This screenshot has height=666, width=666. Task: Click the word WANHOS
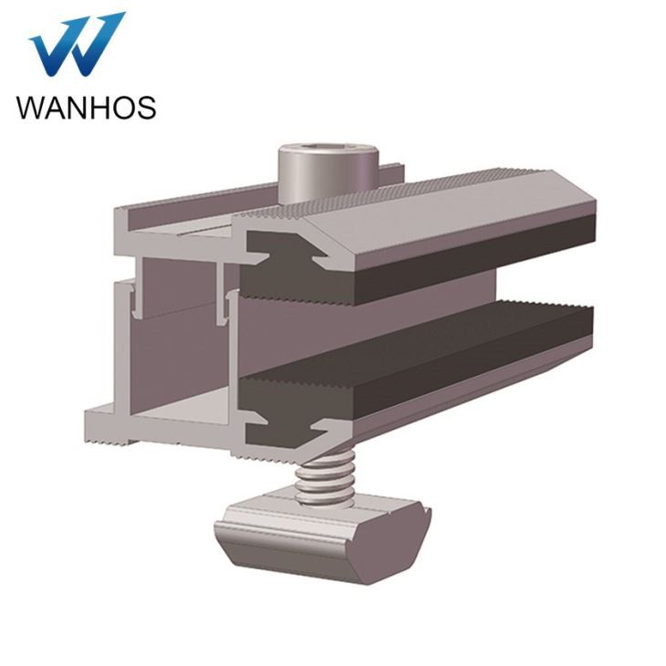click(86, 107)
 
